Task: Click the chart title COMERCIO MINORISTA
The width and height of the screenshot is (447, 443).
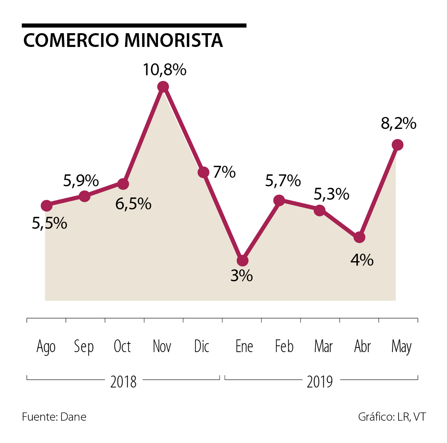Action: click(123, 40)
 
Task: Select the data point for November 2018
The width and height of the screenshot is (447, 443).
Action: click(163, 87)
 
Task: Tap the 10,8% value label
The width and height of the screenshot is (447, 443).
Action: click(165, 70)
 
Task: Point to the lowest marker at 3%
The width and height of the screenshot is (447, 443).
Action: click(242, 260)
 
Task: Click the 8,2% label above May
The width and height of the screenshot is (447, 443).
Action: click(398, 123)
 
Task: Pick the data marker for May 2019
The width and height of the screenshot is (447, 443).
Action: click(398, 145)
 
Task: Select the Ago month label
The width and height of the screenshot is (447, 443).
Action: click(46, 347)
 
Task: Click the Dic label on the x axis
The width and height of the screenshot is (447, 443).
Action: click(202, 347)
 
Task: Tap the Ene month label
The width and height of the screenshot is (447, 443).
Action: click(244, 347)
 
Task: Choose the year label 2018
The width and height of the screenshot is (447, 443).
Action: click(123, 382)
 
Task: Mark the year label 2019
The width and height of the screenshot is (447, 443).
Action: click(320, 382)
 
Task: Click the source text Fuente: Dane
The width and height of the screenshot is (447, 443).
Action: click(54, 417)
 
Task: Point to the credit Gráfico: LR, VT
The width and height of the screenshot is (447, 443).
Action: click(392, 417)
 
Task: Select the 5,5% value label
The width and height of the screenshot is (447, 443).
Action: click(50, 223)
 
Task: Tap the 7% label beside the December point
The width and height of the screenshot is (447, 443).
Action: click(225, 172)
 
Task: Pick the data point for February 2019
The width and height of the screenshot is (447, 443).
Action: click(279, 200)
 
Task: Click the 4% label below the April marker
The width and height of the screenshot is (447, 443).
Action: click(362, 260)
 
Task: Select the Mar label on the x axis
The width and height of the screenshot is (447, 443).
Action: click(323, 347)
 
